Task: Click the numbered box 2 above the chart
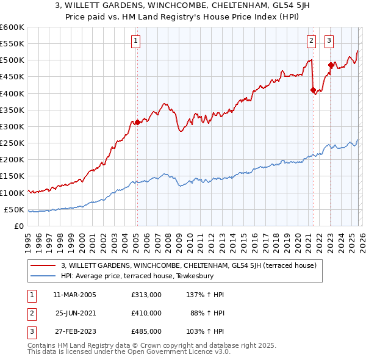311,41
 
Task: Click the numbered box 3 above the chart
329,41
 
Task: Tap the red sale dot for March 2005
137,122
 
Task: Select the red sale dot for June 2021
313,90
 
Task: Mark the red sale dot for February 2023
331,65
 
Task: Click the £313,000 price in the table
146,295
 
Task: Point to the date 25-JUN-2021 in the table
76,313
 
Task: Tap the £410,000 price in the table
146,313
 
